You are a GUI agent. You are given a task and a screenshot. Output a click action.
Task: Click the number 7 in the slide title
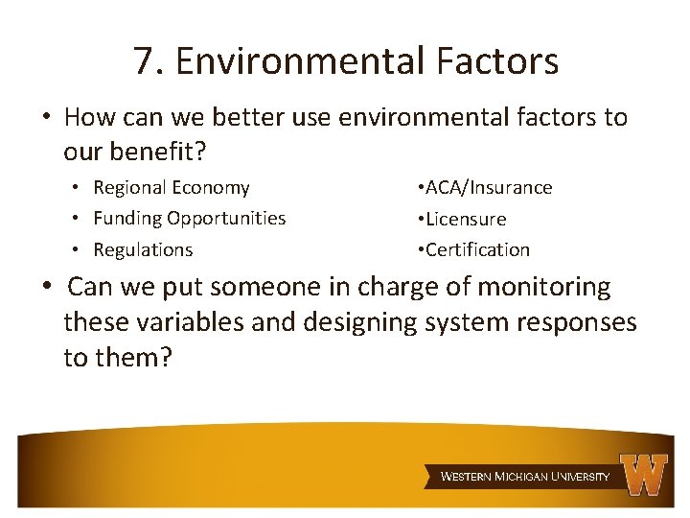[144, 62]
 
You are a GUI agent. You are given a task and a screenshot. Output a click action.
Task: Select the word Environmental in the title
[300, 62]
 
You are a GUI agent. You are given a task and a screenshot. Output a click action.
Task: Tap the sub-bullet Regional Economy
[171, 188]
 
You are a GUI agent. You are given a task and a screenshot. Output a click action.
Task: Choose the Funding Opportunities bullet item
[189, 219]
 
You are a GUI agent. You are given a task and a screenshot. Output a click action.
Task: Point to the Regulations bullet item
[143, 250]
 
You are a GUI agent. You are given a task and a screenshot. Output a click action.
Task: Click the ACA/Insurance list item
[484, 188]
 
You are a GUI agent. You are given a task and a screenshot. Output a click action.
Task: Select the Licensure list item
[461, 220]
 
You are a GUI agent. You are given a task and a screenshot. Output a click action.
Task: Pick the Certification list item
[472, 250]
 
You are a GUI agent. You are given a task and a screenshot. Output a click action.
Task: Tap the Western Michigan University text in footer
[524, 477]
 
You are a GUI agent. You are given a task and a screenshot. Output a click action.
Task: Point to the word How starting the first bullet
[89, 118]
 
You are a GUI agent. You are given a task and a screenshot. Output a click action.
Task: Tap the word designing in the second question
[356, 322]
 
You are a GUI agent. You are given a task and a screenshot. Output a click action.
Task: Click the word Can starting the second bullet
[91, 287]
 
